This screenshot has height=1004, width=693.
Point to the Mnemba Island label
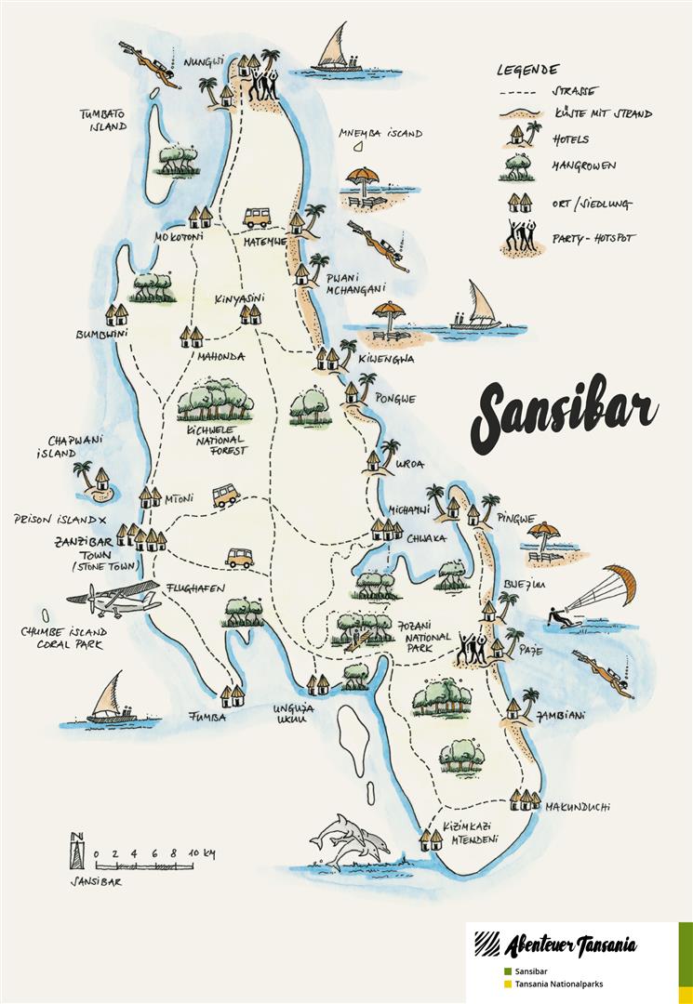pos(380,133)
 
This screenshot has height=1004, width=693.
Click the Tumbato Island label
pos(102,120)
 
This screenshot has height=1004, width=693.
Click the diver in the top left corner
pos(153,66)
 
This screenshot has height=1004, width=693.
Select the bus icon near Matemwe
pos(258,218)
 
